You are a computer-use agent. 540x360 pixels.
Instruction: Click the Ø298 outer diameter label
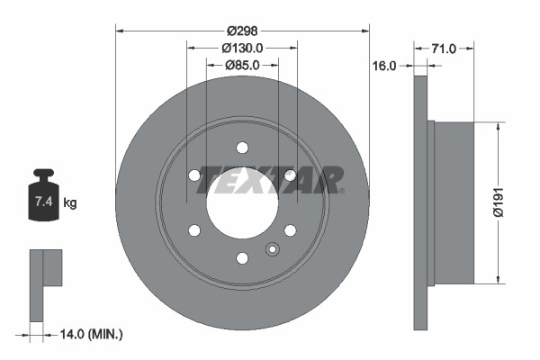click(x=241, y=30)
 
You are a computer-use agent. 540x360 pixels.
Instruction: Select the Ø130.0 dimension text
click(x=241, y=48)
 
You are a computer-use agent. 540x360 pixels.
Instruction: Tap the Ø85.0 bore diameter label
click(x=241, y=65)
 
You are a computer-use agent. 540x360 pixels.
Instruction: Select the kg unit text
click(x=70, y=203)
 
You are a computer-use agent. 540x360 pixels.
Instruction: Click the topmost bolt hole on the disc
click(x=242, y=148)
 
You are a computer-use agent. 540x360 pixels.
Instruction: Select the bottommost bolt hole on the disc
click(x=242, y=258)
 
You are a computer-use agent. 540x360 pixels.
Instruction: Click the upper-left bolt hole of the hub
click(x=194, y=175)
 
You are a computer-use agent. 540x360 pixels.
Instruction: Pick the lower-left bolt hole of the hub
click(x=194, y=230)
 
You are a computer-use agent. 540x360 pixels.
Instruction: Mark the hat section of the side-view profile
click(x=453, y=202)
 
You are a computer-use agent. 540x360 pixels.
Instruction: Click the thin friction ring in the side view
click(x=420, y=202)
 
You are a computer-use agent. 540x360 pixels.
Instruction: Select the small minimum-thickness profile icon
click(x=45, y=283)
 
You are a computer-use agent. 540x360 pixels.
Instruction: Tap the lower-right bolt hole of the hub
click(x=290, y=230)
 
